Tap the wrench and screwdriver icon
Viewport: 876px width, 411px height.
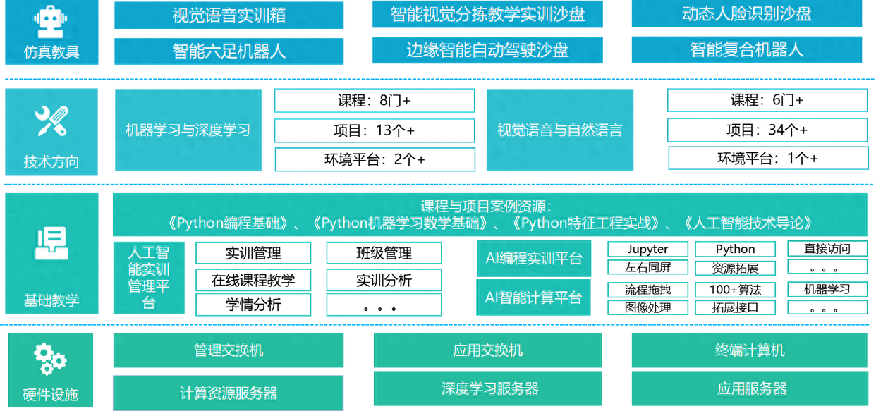(51, 121)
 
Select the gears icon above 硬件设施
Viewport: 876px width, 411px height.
(50, 360)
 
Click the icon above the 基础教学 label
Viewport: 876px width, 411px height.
(51, 243)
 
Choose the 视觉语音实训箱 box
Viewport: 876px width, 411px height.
(229, 16)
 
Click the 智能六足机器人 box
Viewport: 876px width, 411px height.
(229, 51)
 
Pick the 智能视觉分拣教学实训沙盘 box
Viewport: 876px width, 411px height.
(487, 15)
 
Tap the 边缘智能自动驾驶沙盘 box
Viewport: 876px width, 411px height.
(487, 50)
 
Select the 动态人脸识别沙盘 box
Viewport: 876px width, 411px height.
(747, 14)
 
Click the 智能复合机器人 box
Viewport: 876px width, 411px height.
(747, 49)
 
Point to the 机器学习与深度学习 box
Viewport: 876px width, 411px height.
(188, 130)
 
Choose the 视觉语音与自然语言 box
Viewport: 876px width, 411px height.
(559, 130)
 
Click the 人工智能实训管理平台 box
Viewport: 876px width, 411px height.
(149, 278)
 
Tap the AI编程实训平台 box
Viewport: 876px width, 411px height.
(534, 259)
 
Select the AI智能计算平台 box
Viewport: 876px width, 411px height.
(534, 297)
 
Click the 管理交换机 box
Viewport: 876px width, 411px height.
(229, 350)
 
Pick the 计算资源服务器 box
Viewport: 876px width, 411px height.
(229, 393)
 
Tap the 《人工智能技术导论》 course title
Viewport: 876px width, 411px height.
(748, 223)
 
